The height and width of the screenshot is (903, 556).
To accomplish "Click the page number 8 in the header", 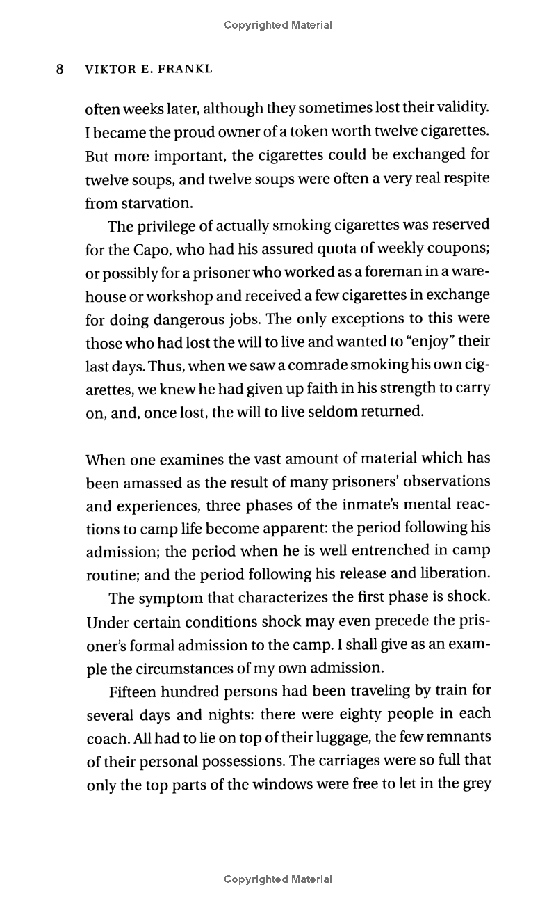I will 60,70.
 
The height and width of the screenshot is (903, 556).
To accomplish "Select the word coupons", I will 459,249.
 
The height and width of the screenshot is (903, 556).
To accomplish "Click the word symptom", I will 173,598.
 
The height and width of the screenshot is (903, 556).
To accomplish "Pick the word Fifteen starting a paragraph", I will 134,692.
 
